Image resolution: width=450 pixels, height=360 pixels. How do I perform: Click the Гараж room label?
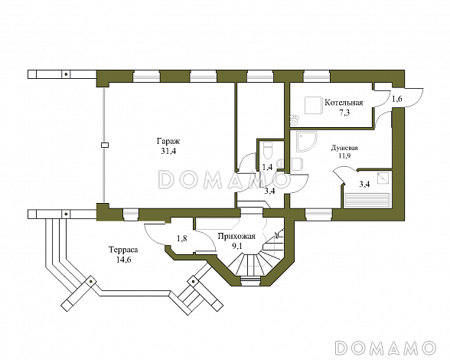[x=168, y=142]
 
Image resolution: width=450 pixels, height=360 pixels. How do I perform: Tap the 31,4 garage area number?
[x=168, y=152]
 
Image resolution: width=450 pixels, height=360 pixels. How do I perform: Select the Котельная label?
[x=344, y=103]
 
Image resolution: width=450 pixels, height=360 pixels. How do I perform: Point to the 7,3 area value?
[x=344, y=113]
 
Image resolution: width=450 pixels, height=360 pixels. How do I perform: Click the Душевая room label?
[x=344, y=148]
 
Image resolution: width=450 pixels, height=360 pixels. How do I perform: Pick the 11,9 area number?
[x=344, y=155]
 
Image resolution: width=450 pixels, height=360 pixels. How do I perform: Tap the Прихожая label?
[x=236, y=237]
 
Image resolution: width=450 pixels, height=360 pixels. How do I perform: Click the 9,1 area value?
[x=237, y=246]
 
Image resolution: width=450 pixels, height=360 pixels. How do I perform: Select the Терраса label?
[x=123, y=250]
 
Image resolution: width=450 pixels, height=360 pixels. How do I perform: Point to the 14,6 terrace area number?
[x=124, y=260]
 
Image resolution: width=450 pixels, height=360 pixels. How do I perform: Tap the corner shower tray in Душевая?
[x=307, y=142]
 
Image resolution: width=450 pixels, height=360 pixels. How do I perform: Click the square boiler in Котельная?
[x=312, y=106]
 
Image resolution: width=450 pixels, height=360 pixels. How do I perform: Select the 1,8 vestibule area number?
[x=182, y=238]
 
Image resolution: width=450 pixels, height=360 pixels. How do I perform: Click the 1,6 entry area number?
[x=397, y=99]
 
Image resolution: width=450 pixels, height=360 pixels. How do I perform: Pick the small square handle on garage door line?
[x=105, y=145]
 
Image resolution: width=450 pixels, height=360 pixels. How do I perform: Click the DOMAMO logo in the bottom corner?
[x=386, y=347]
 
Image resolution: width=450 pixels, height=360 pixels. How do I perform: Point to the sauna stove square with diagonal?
[x=383, y=178]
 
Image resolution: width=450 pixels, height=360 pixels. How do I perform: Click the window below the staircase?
[x=250, y=281]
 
